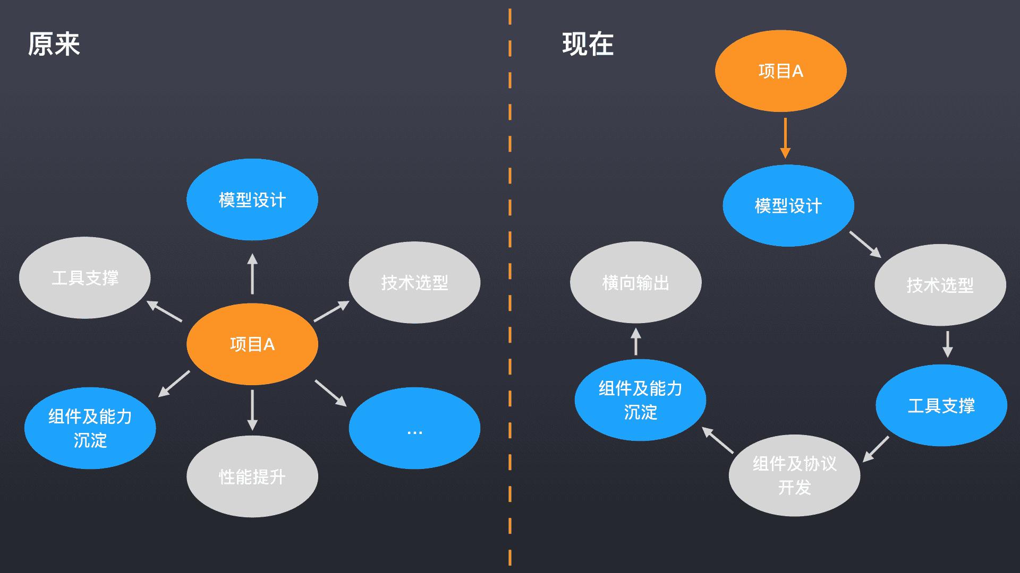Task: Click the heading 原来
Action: pyautogui.click(x=54, y=44)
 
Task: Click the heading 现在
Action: pyautogui.click(x=588, y=44)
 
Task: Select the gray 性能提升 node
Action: pyautogui.click(x=252, y=476)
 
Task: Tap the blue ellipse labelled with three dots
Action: pyautogui.click(x=414, y=428)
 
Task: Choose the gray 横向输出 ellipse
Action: pyautogui.click(x=635, y=282)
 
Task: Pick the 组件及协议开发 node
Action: pyautogui.click(x=794, y=475)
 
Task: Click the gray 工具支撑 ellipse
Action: pyautogui.click(x=85, y=277)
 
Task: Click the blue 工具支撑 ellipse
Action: pyautogui.click(x=941, y=405)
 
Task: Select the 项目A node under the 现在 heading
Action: pyautogui.click(x=780, y=71)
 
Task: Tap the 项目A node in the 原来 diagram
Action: pyautogui.click(x=252, y=344)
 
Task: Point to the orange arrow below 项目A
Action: pyautogui.click(x=785, y=138)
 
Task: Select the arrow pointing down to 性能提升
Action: pyautogui.click(x=252, y=410)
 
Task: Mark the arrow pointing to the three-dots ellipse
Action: pyautogui.click(x=330, y=393)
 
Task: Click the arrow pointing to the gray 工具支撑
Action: pyautogui.click(x=164, y=311)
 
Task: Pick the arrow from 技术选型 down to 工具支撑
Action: pyautogui.click(x=947, y=344)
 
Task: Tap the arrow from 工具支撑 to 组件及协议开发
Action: pyautogui.click(x=875, y=449)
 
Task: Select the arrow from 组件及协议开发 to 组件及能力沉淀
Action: pyautogui.click(x=718, y=440)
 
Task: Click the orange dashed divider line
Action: pyautogui.click(x=510, y=286)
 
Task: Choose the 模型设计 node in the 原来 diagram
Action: pyautogui.click(x=252, y=199)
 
